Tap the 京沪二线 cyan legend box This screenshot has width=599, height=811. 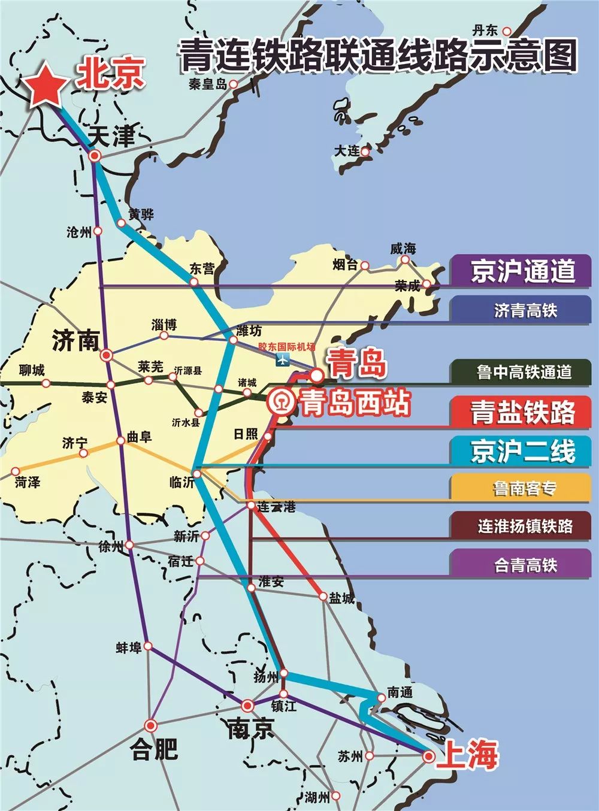(x=522, y=451)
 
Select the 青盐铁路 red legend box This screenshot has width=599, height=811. (x=522, y=412)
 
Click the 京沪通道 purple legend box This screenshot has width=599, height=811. (x=522, y=271)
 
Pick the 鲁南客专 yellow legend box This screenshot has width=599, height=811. (x=522, y=488)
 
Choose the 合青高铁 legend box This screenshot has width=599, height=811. (x=522, y=564)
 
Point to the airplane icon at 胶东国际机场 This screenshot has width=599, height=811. (x=282, y=359)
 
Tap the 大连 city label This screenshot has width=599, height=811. (x=347, y=150)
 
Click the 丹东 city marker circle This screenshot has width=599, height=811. (x=507, y=31)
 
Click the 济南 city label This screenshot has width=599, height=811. (x=75, y=340)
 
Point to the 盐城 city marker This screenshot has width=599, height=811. (x=323, y=597)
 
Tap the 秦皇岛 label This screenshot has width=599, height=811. (x=208, y=84)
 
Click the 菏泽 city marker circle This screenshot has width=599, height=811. (x=16, y=471)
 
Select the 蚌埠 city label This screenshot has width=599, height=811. (x=129, y=647)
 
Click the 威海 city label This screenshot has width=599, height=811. (x=403, y=248)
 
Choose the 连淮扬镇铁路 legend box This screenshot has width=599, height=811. (x=522, y=526)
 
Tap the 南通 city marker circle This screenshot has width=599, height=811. (x=381, y=697)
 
